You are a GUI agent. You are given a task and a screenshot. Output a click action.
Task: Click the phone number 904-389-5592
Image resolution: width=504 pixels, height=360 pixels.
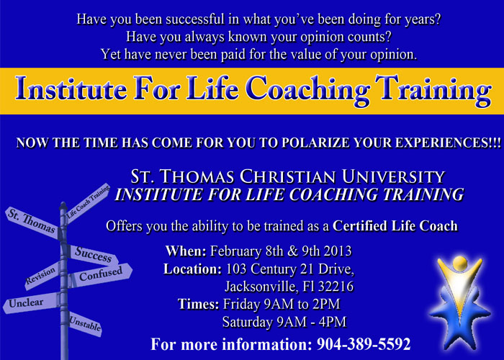tap(364, 344)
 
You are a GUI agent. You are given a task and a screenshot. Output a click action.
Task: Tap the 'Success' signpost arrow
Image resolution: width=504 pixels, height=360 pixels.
tap(93, 255)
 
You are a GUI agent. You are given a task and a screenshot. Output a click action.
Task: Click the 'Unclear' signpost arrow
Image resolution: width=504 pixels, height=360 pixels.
tap(31, 303)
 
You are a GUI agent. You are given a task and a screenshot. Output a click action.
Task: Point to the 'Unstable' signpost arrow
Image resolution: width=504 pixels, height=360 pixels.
tap(85, 324)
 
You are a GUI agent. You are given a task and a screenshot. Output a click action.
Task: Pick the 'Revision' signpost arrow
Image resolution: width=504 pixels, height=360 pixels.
tap(42, 276)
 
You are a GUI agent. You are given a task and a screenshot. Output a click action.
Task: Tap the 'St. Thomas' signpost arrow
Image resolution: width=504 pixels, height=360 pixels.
tap(32, 222)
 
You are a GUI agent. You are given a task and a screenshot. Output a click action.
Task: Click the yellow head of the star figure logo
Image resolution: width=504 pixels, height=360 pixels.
tap(460, 264)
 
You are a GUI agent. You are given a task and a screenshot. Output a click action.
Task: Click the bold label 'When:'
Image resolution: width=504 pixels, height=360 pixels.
tap(186, 251)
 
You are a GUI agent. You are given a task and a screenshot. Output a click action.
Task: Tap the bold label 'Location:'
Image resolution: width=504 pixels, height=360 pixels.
tap(192, 269)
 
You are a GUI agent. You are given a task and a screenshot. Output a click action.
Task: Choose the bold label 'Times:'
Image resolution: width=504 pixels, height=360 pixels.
tap(199, 304)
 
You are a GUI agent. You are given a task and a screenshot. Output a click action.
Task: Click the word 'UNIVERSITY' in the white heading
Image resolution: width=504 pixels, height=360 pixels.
tap(393, 176)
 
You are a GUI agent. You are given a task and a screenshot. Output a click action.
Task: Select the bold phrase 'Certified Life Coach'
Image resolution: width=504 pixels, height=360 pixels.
tap(395, 225)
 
